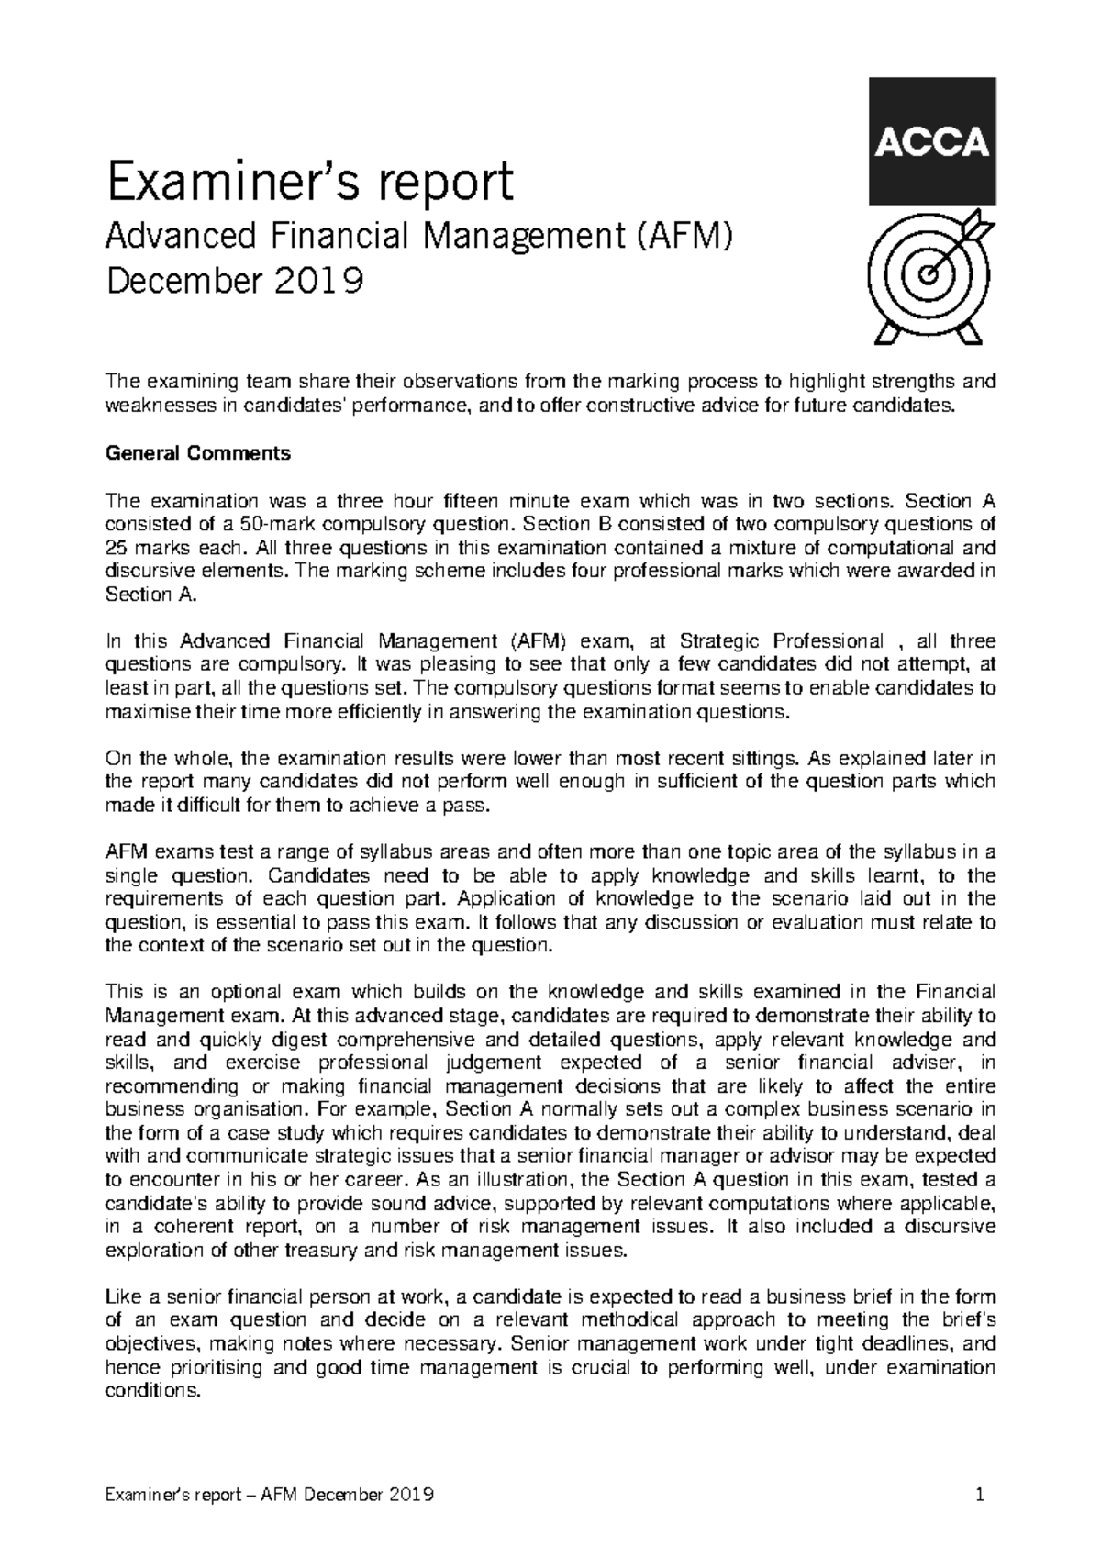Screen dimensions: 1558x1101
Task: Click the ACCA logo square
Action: click(929, 141)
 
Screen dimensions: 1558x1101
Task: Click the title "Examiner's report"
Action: click(309, 183)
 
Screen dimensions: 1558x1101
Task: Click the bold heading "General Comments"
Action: click(198, 453)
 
